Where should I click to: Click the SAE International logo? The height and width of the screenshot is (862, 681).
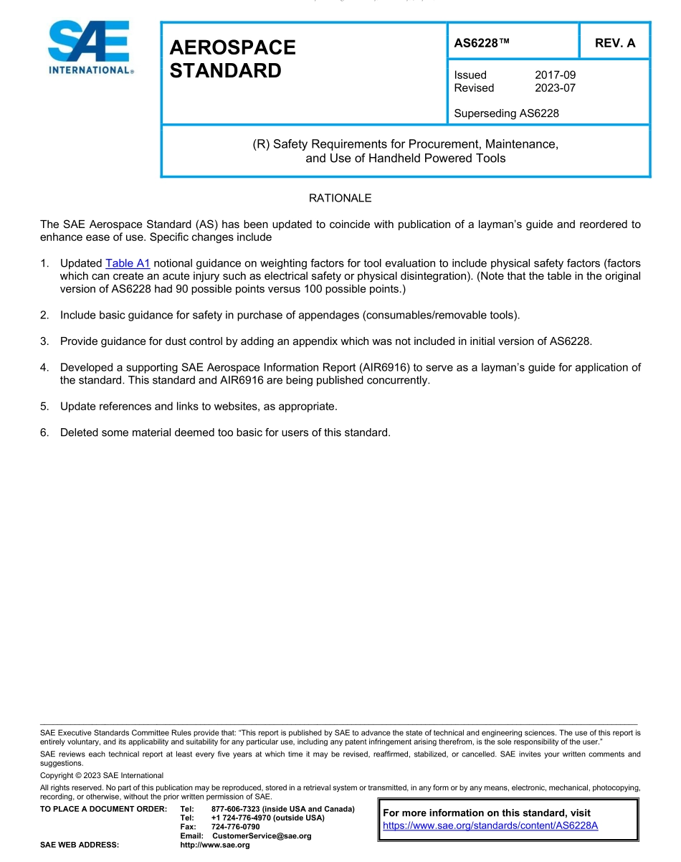[89, 47]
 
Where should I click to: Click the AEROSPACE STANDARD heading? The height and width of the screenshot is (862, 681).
[232, 59]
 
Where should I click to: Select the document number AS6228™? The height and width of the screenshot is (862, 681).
[482, 43]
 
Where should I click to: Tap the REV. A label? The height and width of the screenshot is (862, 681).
[614, 43]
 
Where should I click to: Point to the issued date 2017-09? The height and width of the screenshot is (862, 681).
[555, 75]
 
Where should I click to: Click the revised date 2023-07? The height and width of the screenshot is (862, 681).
[555, 88]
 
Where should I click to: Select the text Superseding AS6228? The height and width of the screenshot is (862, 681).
[506, 113]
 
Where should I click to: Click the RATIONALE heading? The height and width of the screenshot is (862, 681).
[340, 198]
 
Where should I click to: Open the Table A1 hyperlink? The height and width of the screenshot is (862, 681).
[128, 263]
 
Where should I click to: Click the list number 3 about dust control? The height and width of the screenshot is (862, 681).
[44, 341]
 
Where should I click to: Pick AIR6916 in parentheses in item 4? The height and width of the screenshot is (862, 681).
[384, 368]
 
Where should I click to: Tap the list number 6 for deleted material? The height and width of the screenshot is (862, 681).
[44, 432]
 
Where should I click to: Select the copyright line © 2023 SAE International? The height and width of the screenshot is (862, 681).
[102, 775]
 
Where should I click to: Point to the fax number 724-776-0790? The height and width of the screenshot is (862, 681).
[235, 827]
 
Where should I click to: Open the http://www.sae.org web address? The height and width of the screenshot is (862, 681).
[215, 845]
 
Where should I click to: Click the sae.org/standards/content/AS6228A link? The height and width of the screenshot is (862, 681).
[490, 825]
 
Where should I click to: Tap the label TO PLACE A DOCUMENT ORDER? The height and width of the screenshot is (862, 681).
[104, 809]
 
